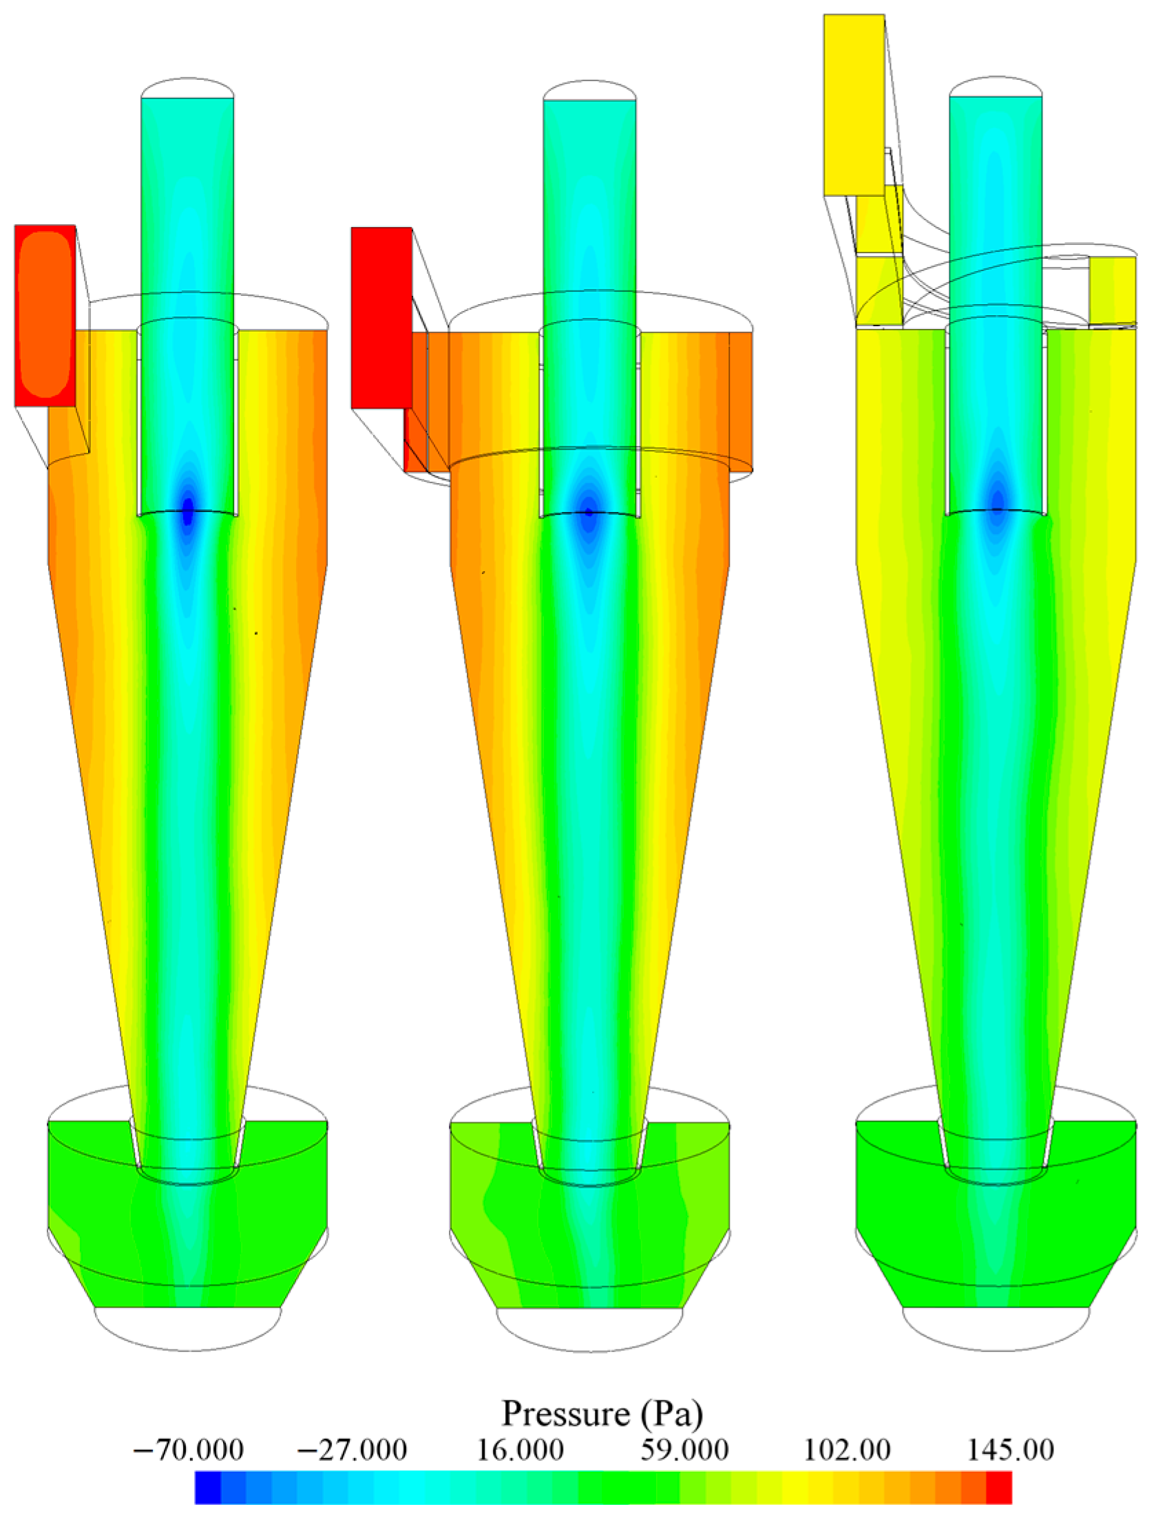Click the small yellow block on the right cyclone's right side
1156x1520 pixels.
[x=1112, y=289]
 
